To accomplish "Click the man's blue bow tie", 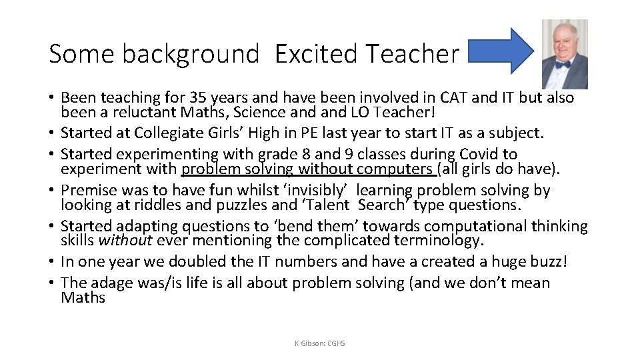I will [x=564, y=65].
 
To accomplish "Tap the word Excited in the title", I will [x=313, y=54].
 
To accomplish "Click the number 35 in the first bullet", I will [x=201, y=99].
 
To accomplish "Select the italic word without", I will [x=129, y=240].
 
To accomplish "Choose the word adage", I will [x=111, y=283].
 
